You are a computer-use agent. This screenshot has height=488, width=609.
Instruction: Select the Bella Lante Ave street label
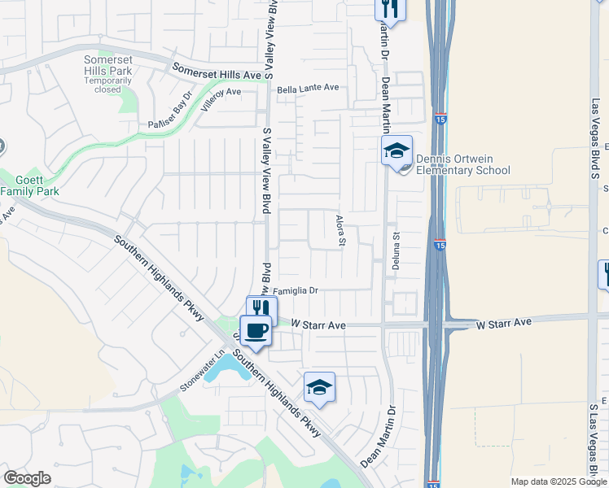tap(307, 88)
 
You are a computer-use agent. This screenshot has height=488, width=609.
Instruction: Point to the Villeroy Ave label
tap(221, 93)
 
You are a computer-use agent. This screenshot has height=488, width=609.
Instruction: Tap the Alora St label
tap(342, 231)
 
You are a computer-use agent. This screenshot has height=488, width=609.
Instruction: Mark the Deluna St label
tap(397, 253)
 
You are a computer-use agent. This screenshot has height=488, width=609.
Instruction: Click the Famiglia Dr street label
tap(294, 290)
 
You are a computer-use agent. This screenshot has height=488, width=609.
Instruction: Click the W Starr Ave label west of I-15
tap(319, 325)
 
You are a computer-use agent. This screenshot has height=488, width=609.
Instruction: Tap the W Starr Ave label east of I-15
tap(504, 323)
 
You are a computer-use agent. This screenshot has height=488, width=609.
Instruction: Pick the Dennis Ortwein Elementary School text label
tap(462, 165)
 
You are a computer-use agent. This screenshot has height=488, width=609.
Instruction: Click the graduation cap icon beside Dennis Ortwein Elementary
tap(397, 150)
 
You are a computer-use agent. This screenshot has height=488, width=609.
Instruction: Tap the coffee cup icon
tap(256, 330)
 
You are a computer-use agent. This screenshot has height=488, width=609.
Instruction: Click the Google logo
tap(27, 478)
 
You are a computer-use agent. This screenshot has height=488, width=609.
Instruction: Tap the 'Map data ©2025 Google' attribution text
tap(559, 481)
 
